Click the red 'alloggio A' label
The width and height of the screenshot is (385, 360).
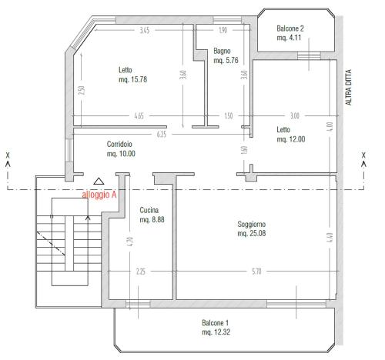[x=99, y=195]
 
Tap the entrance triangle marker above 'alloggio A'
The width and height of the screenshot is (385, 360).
[x=99, y=182]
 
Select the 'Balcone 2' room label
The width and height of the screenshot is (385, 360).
[x=290, y=28]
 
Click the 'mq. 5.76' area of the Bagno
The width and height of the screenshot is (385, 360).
[x=226, y=60]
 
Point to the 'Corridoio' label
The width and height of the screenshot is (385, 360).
[x=119, y=144]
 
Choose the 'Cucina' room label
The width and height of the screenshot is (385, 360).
[x=149, y=210]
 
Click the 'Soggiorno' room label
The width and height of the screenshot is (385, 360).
[x=252, y=224]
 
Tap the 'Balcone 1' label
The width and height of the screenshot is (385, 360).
[x=215, y=322]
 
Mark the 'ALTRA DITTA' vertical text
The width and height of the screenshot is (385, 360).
[x=348, y=87]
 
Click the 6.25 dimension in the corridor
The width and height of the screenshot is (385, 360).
[x=162, y=134]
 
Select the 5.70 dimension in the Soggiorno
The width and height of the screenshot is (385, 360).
[x=256, y=271]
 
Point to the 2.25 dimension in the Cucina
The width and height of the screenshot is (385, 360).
[x=141, y=272]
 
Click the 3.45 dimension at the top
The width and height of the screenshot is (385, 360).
[x=145, y=30]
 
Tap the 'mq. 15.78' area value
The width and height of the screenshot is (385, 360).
[x=132, y=79]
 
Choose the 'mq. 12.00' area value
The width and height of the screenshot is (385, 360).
[x=291, y=139]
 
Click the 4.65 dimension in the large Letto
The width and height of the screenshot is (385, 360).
[x=139, y=116]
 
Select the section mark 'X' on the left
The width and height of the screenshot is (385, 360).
[x=8, y=155]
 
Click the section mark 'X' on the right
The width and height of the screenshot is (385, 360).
[x=363, y=155]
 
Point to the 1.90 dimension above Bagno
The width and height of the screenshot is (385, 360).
[x=223, y=30]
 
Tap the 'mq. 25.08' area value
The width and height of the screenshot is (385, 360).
[x=252, y=233]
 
